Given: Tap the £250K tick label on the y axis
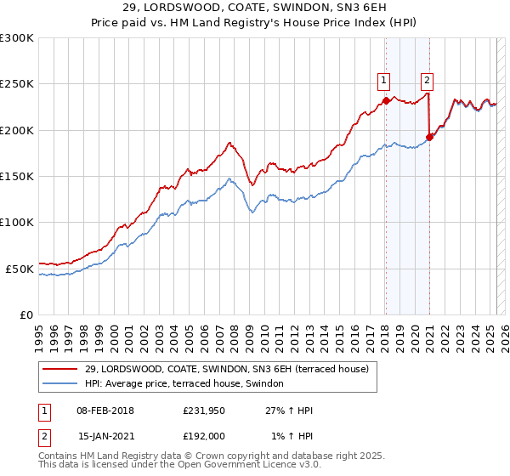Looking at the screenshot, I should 17,84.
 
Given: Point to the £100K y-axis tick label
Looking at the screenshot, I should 17,222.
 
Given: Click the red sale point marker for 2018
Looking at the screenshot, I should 386,100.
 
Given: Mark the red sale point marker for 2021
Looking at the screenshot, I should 430,137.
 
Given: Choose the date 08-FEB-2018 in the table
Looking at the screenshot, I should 105,411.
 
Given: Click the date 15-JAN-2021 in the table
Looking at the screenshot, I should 105,435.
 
